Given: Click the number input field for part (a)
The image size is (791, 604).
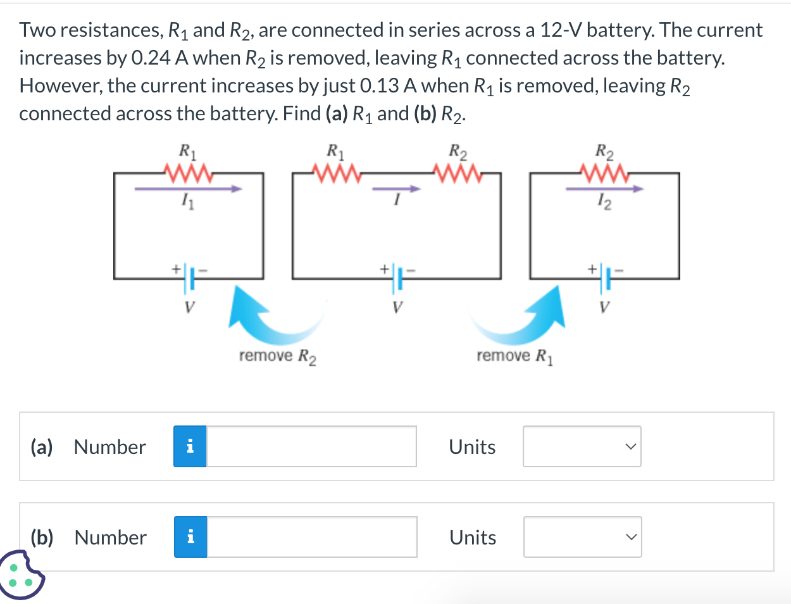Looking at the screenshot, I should pos(311,446).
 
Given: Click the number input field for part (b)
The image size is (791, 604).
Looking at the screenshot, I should pos(312,537).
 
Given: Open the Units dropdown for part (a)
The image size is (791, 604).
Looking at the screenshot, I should pos(582,446).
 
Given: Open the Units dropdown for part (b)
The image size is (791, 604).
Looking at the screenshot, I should pos(582,537).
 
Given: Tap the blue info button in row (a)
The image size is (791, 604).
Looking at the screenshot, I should pos(190,446).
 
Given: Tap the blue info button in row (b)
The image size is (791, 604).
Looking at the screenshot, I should pos(190,537).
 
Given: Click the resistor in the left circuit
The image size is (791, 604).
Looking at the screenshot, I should pos(187,172).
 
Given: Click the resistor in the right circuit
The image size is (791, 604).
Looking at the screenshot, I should pos(604,172).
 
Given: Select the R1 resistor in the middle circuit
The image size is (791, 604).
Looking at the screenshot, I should pos(335,172).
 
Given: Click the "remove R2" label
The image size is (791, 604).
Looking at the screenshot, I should pos(278,356).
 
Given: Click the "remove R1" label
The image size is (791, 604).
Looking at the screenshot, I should pos(515,356).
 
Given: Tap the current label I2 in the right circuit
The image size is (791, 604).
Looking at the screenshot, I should pos(604,203).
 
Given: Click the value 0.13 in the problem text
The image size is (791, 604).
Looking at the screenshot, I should pos(380,86).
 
